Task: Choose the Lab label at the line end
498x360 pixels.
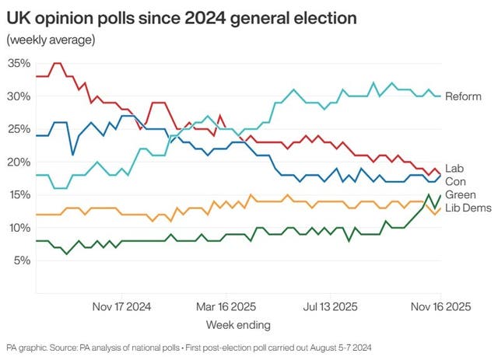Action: point(454,168)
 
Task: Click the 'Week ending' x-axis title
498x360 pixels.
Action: point(238,323)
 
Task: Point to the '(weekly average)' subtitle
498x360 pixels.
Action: point(51,40)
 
